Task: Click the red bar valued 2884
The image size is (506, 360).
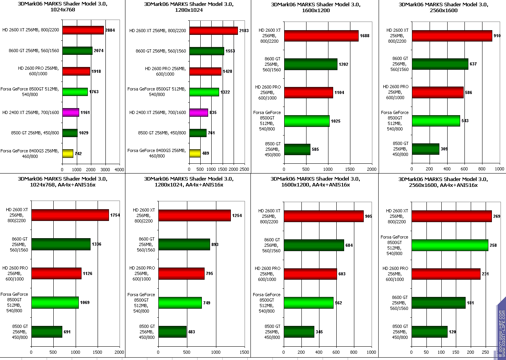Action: [83, 30]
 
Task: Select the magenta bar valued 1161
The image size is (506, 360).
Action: [71, 112]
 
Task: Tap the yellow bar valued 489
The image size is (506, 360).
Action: [195, 153]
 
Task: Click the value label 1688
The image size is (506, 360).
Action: [365, 36]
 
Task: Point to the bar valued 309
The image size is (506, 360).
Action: [425, 149]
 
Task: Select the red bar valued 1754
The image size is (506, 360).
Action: [70, 215]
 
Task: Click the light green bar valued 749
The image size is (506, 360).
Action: [180, 303]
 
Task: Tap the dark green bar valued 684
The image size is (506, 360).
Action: [314, 245]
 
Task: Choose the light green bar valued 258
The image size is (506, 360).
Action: [450, 245]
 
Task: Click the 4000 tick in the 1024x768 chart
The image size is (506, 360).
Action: [119, 170]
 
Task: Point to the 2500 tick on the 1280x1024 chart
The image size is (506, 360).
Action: [244, 170]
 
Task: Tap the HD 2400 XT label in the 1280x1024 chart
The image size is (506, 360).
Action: [158, 112]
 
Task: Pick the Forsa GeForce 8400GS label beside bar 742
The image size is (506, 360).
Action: [30, 153]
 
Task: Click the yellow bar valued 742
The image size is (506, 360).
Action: [67, 153]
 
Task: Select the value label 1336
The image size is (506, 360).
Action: [96, 244]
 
